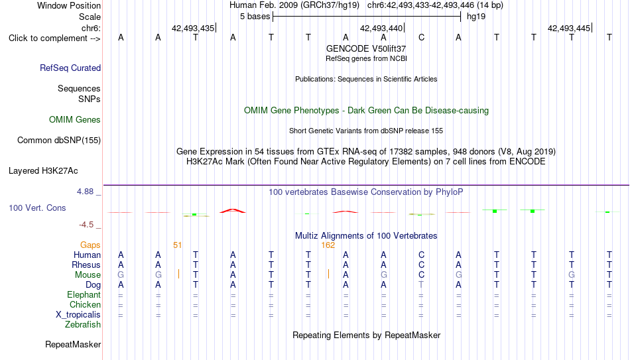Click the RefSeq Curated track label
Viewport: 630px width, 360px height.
point(70,68)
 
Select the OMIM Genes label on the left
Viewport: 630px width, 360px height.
point(75,120)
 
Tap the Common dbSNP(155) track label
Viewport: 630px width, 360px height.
point(59,141)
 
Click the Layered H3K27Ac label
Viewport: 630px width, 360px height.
point(43,171)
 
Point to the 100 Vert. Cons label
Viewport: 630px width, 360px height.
point(37,208)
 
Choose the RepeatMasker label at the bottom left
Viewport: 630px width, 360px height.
point(73,344)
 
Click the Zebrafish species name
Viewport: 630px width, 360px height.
point(83,324)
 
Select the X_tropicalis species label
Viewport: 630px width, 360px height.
point(78,315)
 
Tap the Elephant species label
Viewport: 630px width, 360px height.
point(84,294)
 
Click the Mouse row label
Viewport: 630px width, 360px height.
point(88,275)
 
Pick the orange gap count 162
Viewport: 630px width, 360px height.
point(328,245)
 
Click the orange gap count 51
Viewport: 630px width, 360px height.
point(177,245)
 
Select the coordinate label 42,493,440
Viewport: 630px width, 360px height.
point(381,28)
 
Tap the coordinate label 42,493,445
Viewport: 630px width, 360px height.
point(569,28)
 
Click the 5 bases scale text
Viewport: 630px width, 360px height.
point(255,17)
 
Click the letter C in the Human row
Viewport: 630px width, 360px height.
point(421,255)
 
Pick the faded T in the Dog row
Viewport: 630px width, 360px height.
point(421,284)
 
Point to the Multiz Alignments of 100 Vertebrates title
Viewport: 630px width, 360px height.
point(366,235)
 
